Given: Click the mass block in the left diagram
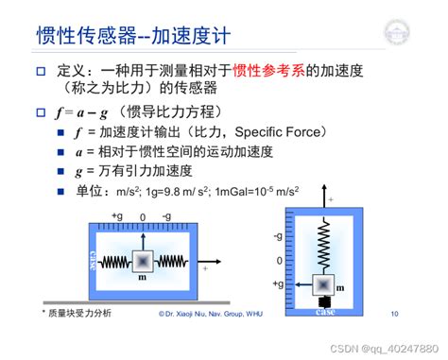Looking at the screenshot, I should (142, 260).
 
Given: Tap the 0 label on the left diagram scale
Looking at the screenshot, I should (142, 216).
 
